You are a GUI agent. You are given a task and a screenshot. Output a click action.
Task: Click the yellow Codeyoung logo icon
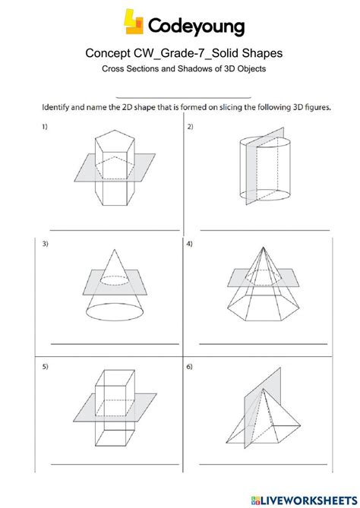tap(134, 22)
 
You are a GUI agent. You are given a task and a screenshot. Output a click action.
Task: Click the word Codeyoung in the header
tap(196, 27)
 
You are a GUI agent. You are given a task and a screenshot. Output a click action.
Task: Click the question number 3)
tap(45, 244)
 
